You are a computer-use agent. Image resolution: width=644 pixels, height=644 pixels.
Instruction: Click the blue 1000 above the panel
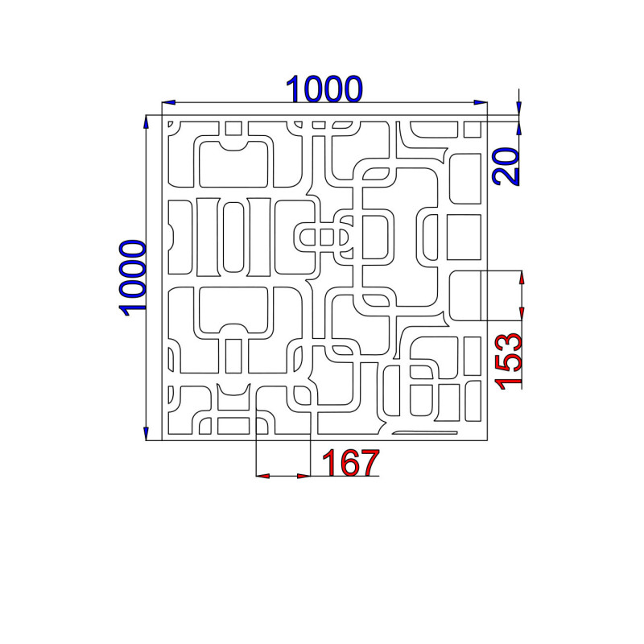click(x=324, y=89)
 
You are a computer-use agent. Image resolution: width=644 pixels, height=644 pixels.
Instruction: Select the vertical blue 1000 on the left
click(x=132, y=278)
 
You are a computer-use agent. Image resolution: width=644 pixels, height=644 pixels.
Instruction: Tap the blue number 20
click(x=506, y=166)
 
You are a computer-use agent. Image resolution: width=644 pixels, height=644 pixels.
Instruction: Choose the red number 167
click(x=350, y=462)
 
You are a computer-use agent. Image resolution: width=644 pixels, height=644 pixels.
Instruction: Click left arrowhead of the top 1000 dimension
click(x=169, y=102)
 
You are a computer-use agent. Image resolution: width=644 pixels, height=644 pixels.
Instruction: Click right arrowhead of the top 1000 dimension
click(x=481, y=102)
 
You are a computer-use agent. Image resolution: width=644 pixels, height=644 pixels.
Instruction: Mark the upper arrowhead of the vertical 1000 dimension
click(x=146, y=122)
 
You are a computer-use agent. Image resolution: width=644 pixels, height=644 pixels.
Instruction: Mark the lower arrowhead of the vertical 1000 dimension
click(x=146, y=434)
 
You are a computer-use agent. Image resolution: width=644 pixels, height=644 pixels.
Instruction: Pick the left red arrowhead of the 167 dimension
click(x=263, y=476)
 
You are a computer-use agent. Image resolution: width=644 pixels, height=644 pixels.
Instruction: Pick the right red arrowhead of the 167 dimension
click(x=303, y=476)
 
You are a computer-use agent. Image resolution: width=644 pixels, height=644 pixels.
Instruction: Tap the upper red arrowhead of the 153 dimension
click(x=522, y=278)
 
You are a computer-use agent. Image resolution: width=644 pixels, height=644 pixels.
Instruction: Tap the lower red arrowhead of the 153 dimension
click(x=522, y=313)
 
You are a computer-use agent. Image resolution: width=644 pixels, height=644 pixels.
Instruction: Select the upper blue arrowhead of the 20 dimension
click(x=519, y=108)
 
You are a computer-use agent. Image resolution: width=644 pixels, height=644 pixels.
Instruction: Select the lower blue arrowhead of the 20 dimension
click(x=519, y=128)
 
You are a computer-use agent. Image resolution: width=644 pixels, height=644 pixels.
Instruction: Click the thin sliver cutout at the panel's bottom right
click(x=425, y=432)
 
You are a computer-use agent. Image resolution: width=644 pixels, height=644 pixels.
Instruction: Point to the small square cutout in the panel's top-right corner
click(x=473, y=130)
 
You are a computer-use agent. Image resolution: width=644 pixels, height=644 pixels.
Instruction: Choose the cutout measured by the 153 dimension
click(x=465, y=295)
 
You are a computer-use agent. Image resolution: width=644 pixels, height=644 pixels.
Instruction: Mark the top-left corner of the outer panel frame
click(x=162, y=115)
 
